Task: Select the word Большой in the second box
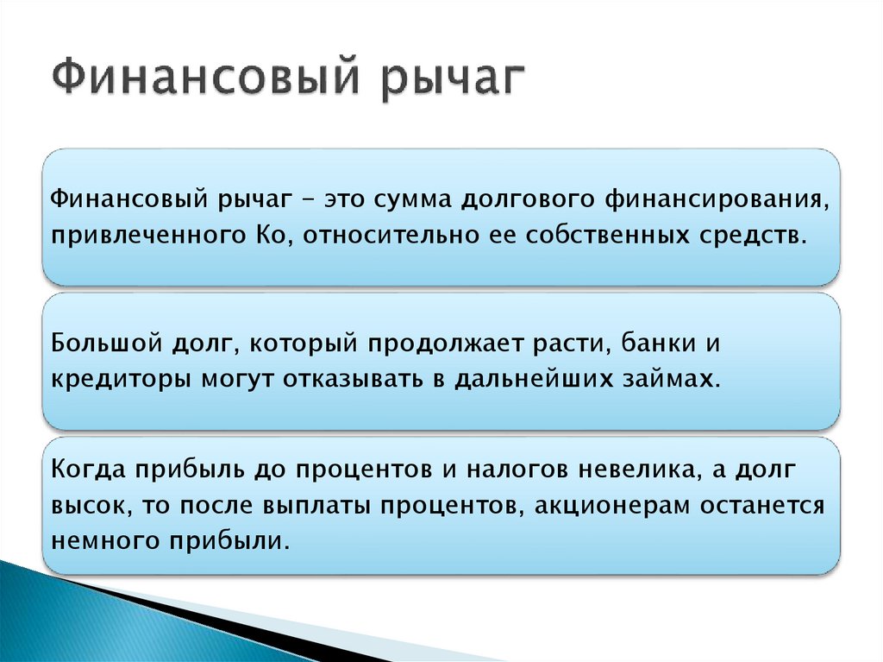coord(97,344)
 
